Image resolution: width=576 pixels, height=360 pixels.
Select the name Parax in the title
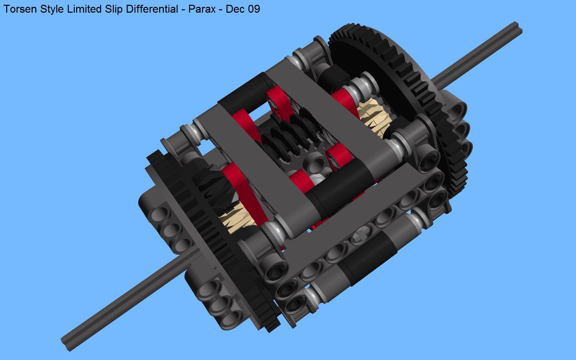pyautogui.click(x=202, y=9)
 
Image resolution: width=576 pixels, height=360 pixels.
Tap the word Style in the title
pyautogui.click(x=52, y=10)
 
